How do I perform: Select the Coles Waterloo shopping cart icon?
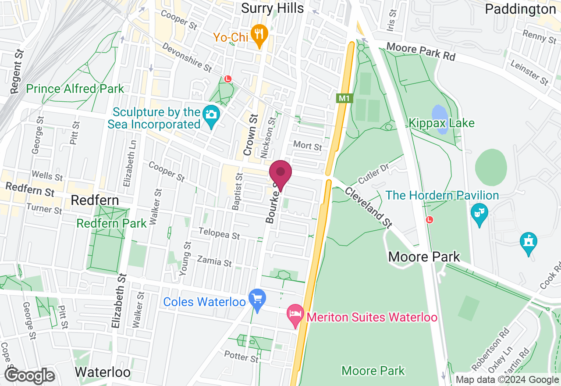coord(257,300)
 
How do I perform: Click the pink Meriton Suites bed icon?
coord(295,315)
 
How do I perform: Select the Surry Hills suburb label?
coord(272,8)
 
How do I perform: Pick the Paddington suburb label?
coord(520,9)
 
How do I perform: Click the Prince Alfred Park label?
coord(75,89)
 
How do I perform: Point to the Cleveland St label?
coord(368,207)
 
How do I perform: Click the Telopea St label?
coord(219,233)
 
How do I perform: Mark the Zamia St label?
coord(214,261)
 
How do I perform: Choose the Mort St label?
coord(308,146)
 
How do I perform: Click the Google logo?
coord(29,375)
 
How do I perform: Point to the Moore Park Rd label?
coord(421,52)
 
